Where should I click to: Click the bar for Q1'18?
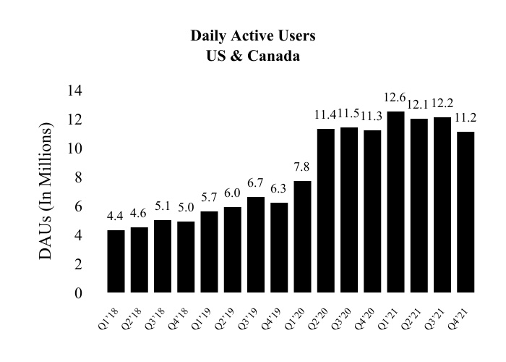pyautogui.click(x=116, y=261)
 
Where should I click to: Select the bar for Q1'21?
pyautogui.click(x=395, y=202)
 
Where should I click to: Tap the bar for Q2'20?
pyautogui.click(x=326, y=211)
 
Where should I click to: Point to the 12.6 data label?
pyautogui.click(x=396, y=98)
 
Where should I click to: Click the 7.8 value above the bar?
pyautogui.click(x=303, y=167)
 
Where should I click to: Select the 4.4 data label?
pyautogui.click(x=116, y=216)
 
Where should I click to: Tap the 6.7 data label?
pyautogui.click(x=256, y=182)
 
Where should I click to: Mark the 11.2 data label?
pyautogui.click(x=466, y=118)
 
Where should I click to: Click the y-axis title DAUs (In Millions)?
pyautogui.click(x=46, y=192)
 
